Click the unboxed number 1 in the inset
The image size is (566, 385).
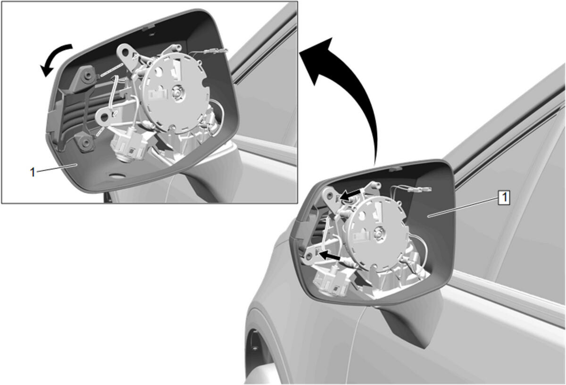click(33, 172)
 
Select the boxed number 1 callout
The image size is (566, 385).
click(504, 197)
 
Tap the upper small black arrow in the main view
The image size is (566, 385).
click(350, 195)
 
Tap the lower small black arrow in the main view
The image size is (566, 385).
click(330, 256)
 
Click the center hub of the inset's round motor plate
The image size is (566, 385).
click(179, 93)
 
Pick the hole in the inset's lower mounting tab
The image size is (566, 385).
click(104, 117)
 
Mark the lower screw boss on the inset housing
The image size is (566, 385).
click(86, 143)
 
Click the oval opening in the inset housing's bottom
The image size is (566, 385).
click(117, 175)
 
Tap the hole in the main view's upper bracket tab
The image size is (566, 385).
click(330, 195)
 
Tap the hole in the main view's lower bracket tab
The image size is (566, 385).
click(308, 257)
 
